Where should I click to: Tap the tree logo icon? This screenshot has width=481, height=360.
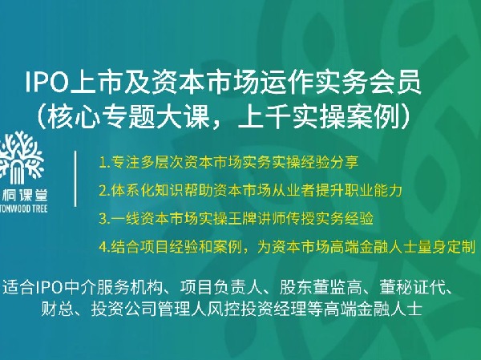(x=25, y=155)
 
